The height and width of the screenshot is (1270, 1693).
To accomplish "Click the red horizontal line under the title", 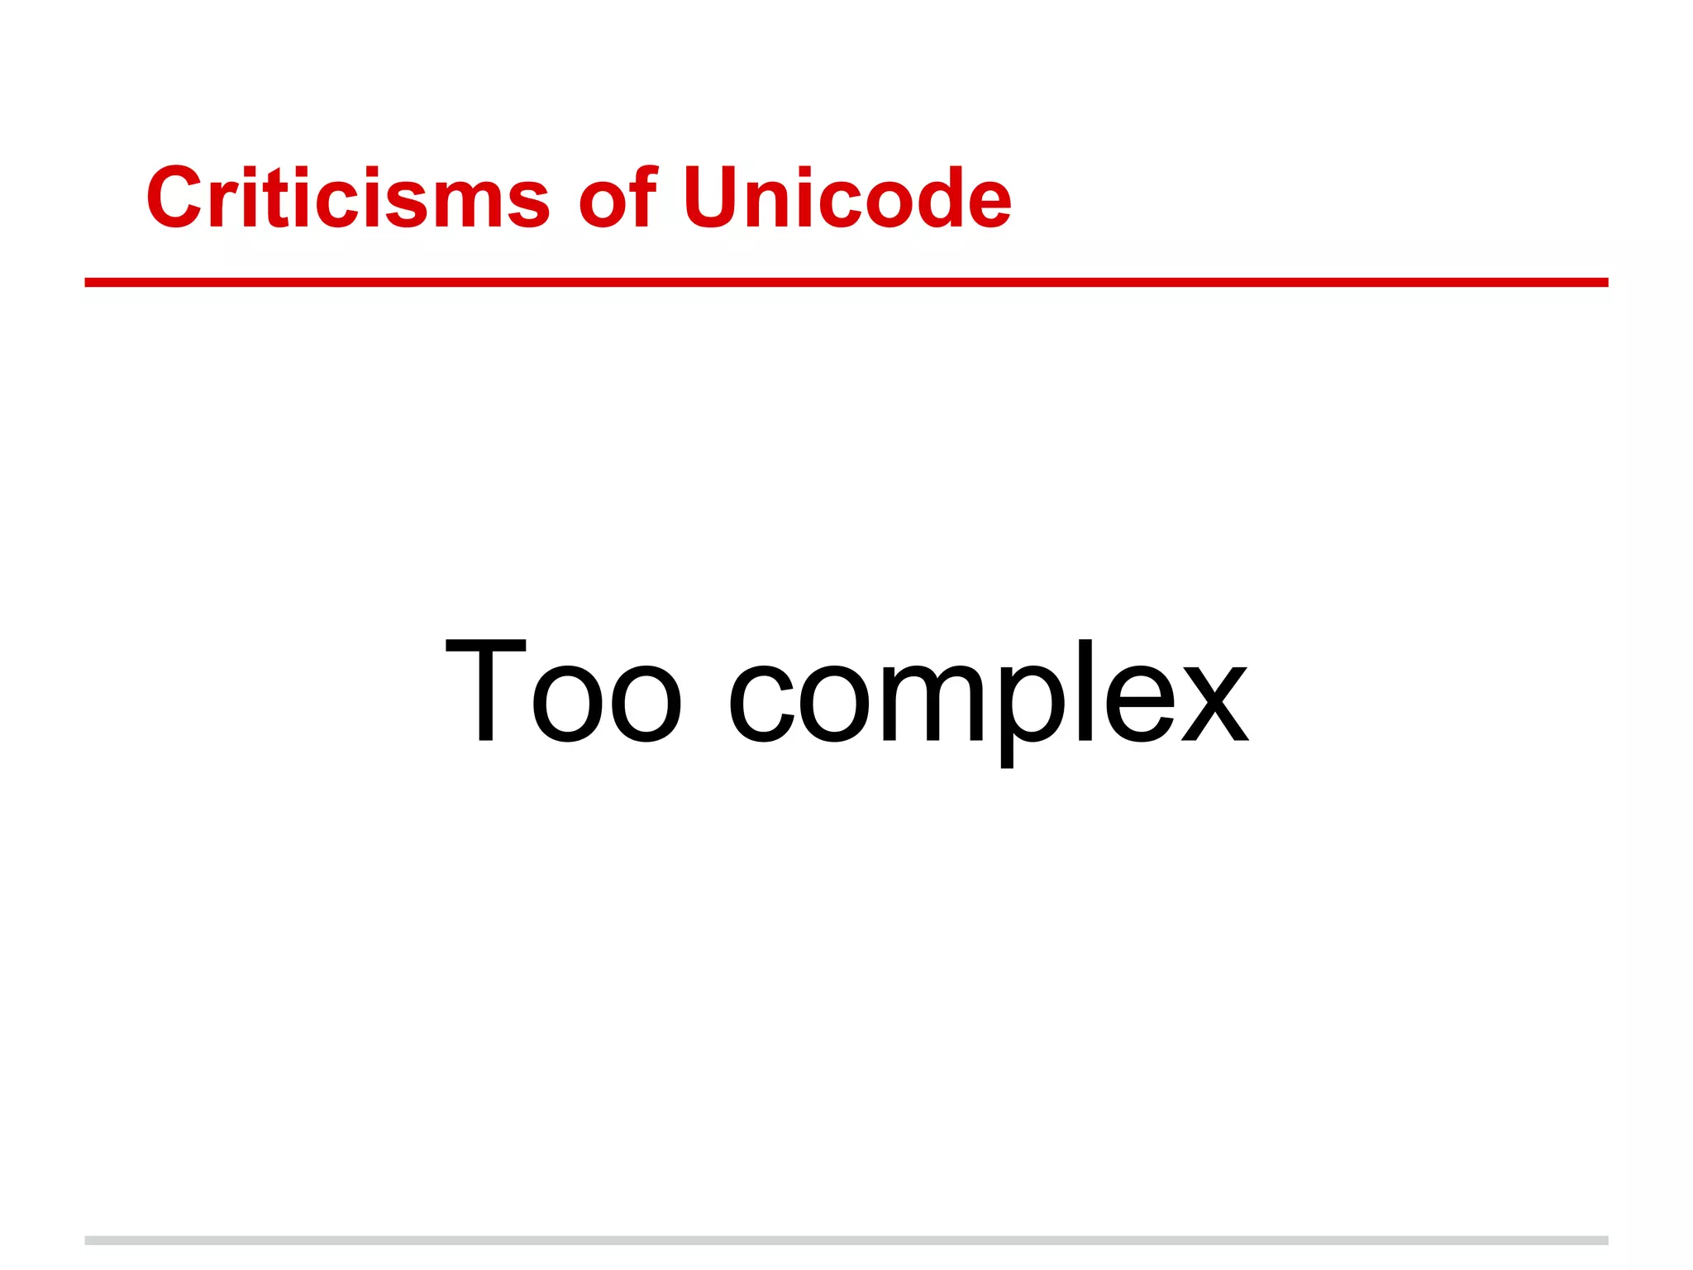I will click(x=846, y=283).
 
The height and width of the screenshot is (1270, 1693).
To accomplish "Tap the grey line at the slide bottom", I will click(x=846, y=1240).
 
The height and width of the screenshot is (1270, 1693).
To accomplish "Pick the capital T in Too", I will click(x=486, y=691).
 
